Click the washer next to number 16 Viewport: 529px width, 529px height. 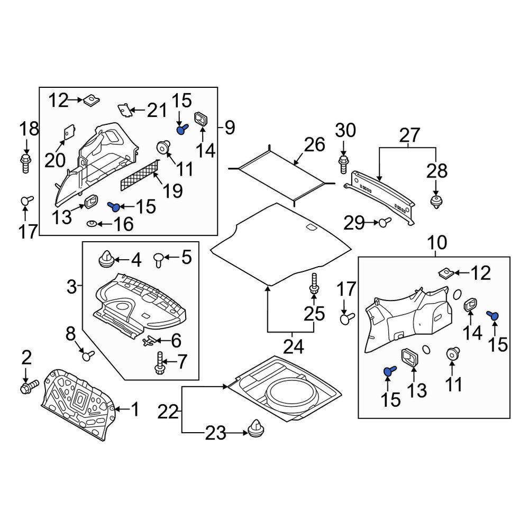[92, 224]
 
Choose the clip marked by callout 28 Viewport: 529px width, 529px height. [436, 202]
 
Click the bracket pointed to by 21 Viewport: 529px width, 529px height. [125, 110]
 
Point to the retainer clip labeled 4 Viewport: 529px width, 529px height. [107, 259]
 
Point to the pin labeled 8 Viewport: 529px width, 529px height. [87, 354]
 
